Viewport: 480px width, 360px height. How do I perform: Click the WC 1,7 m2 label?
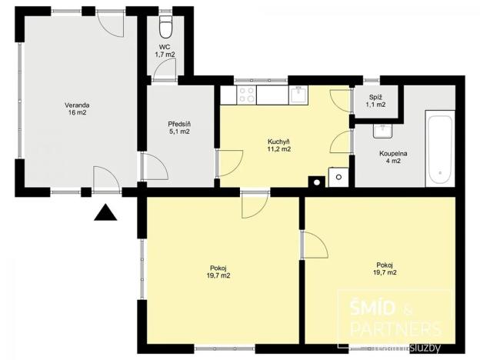pos(165,51)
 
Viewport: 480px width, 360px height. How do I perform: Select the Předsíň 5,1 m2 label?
pos(178,128)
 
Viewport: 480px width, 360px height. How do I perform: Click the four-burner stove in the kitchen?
pos(247,95)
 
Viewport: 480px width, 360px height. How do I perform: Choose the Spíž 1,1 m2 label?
pos(376,101)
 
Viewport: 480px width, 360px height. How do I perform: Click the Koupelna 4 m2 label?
pos(392,157)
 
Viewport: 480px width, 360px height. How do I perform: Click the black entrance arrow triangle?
pos(105,212)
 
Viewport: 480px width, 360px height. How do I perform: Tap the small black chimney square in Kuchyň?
pos(314,182)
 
